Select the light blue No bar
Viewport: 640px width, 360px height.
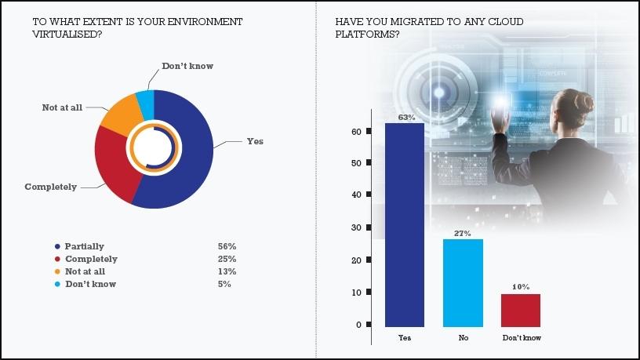click(x=463, y=282)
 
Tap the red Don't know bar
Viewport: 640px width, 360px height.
click(x=521, y=310)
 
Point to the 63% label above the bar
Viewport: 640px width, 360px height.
click(x=405, y=117)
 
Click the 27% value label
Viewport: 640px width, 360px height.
click(x=463, y=234)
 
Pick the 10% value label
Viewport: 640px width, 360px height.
click(x=522, y=288)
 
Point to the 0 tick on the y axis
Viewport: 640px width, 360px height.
click(x=358, y=325)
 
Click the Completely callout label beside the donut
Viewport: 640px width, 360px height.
click(x=51, y=187)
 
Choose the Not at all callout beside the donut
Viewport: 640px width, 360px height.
click(x=62, y=107)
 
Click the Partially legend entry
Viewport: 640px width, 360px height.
click(x=85, y=246)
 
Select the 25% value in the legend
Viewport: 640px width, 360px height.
click(x=227, y=259)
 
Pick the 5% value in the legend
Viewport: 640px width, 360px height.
click(x=224, y=284)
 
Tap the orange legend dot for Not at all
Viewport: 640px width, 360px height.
click(x=56, y=271)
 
